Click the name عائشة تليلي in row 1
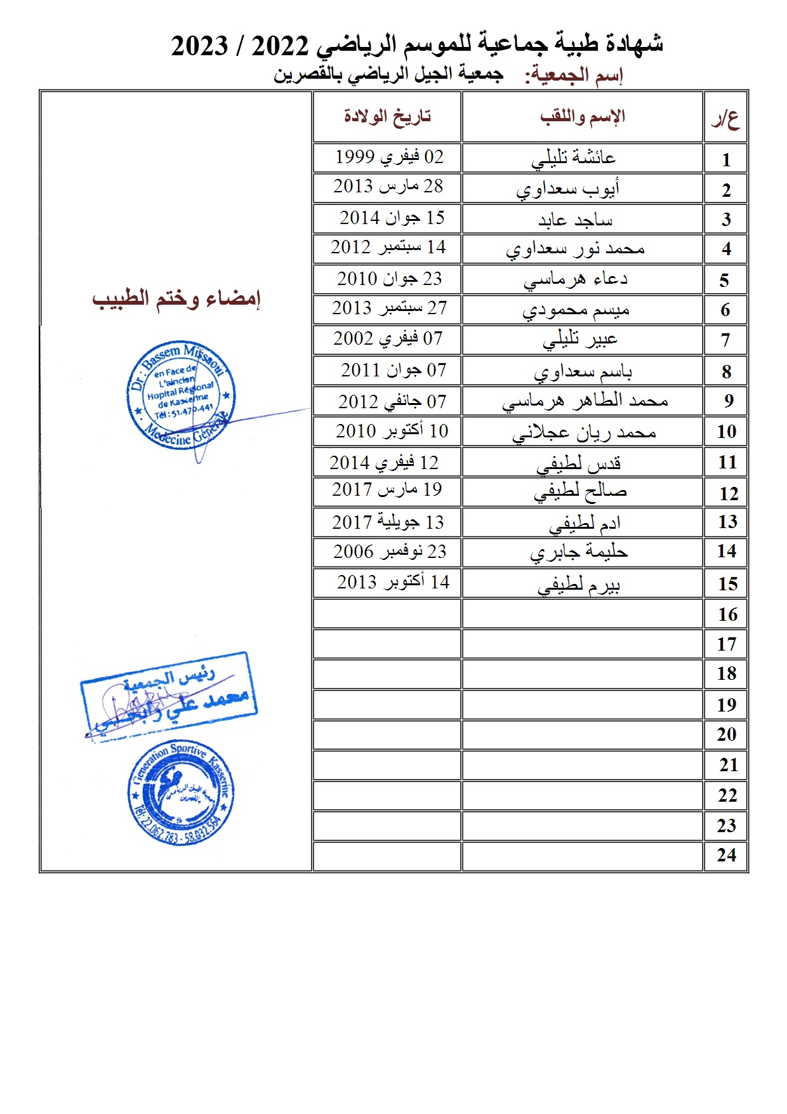tap(573, 158)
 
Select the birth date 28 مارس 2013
tap(388, 187)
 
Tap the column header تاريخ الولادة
tap(387, 116)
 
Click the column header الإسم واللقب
tap(583, 116)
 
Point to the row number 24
tap(727, 855)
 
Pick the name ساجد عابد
tap(575, 220)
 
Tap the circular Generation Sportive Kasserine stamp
tap(181, 792)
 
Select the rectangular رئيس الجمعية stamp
tap(169, 694)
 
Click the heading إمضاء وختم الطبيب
tap(176, 298)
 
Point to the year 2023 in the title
tap(199, 46)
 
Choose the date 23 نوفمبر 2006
tap(390, 552)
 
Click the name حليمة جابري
tap(579, 552)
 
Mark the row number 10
tap(727, 432)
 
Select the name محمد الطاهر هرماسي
tap(585, 401)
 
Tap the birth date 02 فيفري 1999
tap(389, 157)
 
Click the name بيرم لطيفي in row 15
tap(578, 585)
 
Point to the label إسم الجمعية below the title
tap(574, 76)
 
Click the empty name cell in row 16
tap(582, 614)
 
